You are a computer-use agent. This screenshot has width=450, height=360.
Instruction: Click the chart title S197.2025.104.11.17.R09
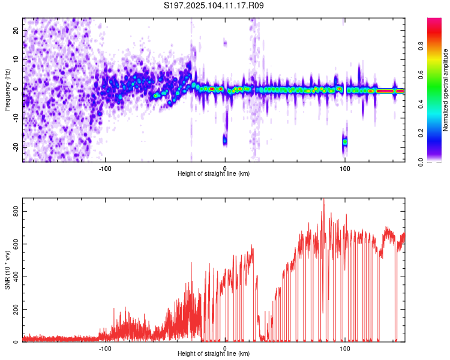pyautogui.click(x=214, y=5)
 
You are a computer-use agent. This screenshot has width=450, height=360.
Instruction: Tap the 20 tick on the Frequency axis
pyautogui.click(x=16, y=31)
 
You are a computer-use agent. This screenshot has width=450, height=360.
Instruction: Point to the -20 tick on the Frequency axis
pyautogui.click(x=16, y=147)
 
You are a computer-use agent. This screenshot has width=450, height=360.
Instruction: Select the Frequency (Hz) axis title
pyautogui.click(x=7, y=90)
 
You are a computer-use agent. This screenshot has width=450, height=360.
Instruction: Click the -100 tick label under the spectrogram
pyautogui.click(x=105, y=169)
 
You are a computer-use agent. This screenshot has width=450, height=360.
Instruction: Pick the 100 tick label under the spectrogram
pyautogui.click(x=344, y=169)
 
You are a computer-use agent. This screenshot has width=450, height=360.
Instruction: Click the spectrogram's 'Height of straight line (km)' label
pyautogui.click(x=214, y=173)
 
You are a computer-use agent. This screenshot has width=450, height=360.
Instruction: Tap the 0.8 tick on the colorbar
pyautogui.click(x=421, y=46)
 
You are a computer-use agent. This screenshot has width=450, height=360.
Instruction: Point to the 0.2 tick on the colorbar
pyautogui.click(x=421, y=133)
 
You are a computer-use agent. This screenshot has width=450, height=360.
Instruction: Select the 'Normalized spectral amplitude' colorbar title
pyautogui.click(x=445, y=90)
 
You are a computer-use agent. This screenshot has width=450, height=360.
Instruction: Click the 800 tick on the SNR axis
pyautogui.click(x=16, y=211)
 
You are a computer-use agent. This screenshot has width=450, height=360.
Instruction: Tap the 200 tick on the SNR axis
pyautogui.click(x=16, y=309)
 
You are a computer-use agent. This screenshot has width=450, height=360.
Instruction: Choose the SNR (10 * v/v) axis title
pyautogui.click(x=7, y=270)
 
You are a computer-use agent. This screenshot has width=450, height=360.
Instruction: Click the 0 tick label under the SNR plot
pyautogui.click(x=225, y=349)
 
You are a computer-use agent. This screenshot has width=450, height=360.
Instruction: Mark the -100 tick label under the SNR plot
pyautogui.click(x=105, y=349)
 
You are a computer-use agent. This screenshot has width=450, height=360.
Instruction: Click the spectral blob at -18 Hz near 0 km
pyautogui.click(x=225, y=140)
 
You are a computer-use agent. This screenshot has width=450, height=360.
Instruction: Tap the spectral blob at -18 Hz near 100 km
pyautogui.click(x=344, y=142)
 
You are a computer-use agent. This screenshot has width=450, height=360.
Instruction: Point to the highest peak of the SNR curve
pyautogui.click(x=324, y=199)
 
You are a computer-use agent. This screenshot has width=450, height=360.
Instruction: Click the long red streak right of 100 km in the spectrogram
pyautogui.click(x=385, y=91)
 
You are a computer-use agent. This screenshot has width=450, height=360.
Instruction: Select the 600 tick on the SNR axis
pyautogui.click(x=16, y=244)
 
